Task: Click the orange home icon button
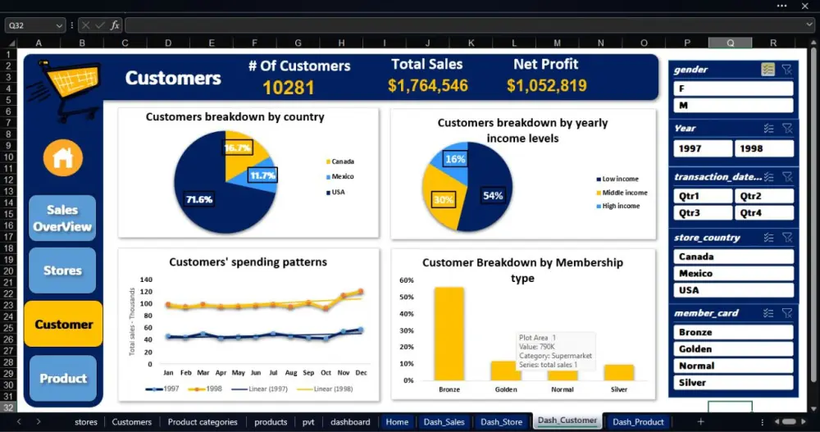[x=63, y=158]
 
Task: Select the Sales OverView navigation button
[x=62, y=218]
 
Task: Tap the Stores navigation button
[x=62, y=271]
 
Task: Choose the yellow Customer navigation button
[x=63, y=324]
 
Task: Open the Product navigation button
[x=62, y=378]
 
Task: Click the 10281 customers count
[x=289, y=88]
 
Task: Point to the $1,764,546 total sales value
[x=427, y=85]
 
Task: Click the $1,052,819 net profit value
[x=546, y=85]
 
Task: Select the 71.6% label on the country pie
[x=199, y=199]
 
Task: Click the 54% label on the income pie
[x=493, y=196]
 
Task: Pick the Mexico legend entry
[x=343, y=176]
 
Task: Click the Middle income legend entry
[x=624, y=193]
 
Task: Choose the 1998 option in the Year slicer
[x=763, y=148]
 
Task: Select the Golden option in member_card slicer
[x=733, y=349]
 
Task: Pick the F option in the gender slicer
[x=733, y=89]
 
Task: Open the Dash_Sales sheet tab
[x=444, y=422]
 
